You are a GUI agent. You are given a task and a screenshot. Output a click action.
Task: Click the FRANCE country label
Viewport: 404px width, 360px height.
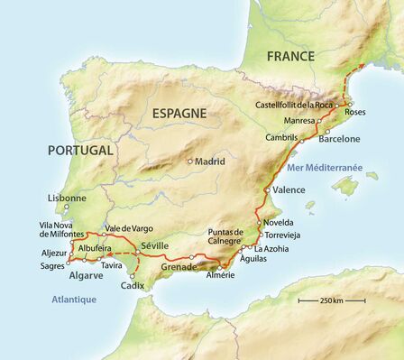[x=290, y=56]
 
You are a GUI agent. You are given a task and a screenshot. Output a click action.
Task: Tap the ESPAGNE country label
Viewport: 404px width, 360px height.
[x=179, y=114]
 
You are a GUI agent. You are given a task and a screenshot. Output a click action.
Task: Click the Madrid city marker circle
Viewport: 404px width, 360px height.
[x=190, y=162]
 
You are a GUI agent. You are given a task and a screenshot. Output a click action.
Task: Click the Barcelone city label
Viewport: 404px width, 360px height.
[x=338, y=139]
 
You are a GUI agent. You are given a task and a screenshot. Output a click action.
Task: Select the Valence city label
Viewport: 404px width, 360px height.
[x=289, y=190]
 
